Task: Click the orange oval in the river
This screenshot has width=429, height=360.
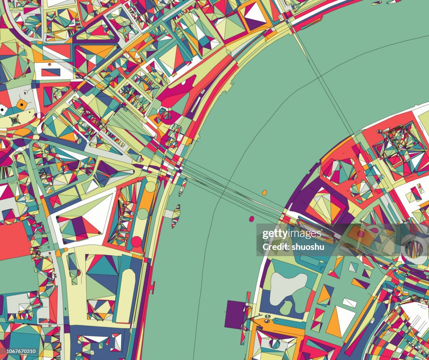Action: (264, 193)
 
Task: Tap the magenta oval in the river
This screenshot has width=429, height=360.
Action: (252, 219)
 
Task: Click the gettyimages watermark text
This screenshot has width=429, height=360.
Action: (292, 234)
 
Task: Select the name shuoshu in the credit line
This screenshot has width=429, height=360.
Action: (308, 247)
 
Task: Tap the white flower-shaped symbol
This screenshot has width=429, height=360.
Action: (3, 110)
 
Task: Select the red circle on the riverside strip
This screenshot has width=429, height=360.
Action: (137, 242)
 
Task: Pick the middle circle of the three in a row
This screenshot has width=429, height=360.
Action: (143, 214)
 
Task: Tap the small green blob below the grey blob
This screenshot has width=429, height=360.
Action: (286, 308)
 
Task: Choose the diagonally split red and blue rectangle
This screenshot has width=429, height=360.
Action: (51, 72)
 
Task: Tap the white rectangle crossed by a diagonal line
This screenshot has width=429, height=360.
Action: (349, 302)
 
